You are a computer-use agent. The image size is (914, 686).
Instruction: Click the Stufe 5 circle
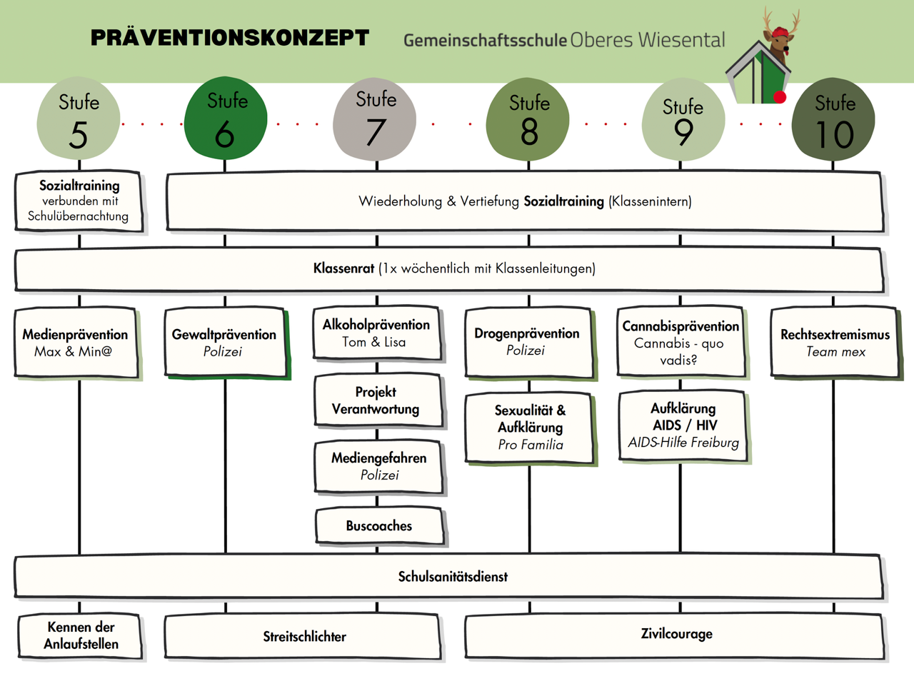(79, 119)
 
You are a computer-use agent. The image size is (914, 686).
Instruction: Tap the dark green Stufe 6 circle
(226, 118)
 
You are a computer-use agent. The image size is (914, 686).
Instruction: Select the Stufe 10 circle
(833, 119)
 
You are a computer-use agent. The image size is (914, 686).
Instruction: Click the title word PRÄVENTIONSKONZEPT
(230, 38)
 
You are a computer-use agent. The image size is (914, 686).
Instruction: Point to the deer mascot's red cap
(780, 31)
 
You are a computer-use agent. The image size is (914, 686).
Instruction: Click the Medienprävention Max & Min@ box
(76, 343)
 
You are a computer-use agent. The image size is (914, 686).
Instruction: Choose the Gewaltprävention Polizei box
(225, 343)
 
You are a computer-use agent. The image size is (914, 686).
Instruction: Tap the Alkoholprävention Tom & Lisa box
(376, 333)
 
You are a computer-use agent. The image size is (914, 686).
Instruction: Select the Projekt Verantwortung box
(377, 400)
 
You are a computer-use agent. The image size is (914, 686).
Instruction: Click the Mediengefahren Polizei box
(378, 467)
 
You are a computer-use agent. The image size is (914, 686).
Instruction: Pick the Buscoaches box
(378, 526)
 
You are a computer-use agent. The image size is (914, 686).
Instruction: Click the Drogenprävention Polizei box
(528, 342)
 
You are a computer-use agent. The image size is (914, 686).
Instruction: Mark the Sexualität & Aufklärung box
(529, 428)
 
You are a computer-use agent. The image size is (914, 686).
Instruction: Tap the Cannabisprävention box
(681, 342)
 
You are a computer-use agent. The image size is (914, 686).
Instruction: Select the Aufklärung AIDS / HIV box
(683, 425)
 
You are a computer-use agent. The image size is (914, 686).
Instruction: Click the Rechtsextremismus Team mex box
(835, 343)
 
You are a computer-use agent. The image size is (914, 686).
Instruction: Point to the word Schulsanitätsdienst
(453, 577)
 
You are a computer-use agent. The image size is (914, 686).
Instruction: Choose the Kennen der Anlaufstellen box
(80, 635)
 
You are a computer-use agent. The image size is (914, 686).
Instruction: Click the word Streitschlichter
(304, 637)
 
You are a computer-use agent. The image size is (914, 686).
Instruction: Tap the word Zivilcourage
(676, 634)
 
